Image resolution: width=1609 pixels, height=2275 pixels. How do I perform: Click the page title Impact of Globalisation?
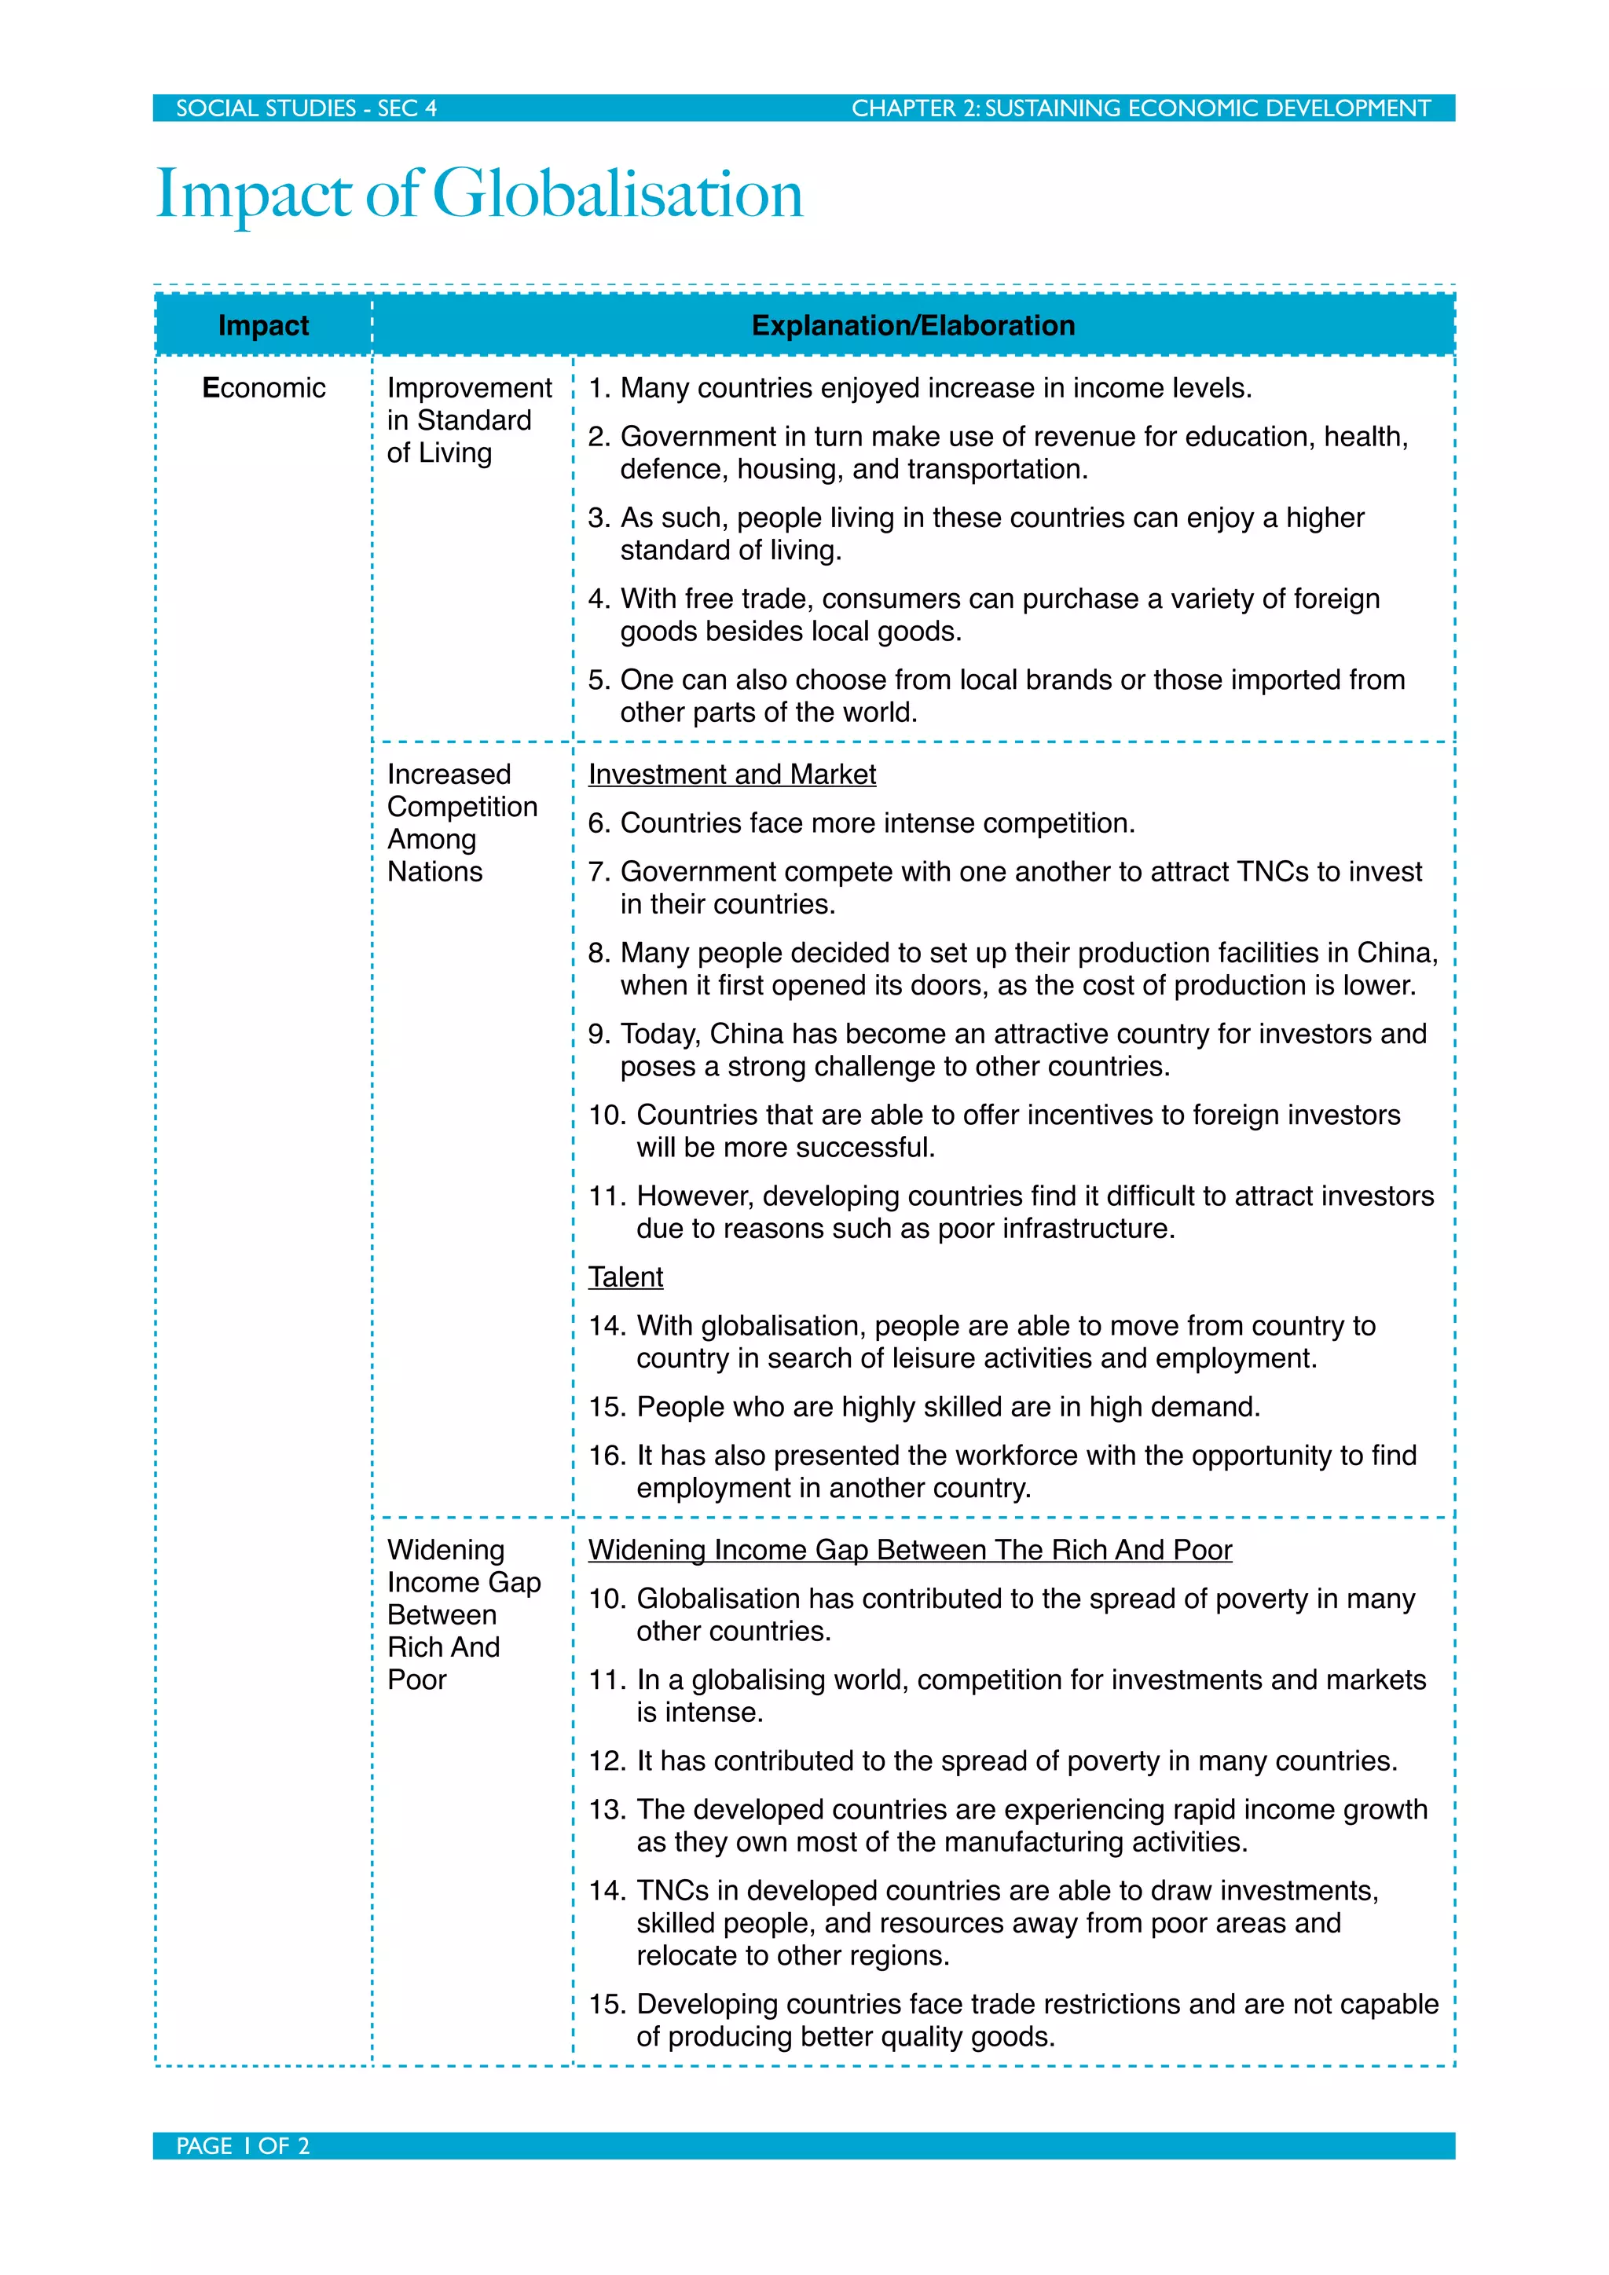[479, 193]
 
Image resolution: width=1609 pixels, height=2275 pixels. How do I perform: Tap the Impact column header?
[262, 325]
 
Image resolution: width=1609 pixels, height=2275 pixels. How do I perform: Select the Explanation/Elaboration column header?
[912, 325]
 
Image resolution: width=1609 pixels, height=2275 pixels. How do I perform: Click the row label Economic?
[263, 387]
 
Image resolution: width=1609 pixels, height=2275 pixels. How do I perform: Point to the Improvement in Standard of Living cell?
[467, 420]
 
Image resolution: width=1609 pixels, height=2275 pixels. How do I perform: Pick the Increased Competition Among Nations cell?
[462, 822]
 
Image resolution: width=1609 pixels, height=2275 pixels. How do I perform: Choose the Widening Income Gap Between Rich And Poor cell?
[463, 1614]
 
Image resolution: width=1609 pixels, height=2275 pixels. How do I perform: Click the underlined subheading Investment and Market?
[731, 774]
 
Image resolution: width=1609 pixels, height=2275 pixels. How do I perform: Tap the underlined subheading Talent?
[625, 1277]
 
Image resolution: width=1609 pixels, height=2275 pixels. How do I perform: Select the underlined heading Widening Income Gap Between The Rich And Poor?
[910, 1550]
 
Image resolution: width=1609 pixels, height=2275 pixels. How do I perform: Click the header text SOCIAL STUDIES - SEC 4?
[306, 108]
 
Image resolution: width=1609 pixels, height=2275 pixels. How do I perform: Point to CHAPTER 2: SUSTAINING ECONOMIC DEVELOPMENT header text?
[1141, 108]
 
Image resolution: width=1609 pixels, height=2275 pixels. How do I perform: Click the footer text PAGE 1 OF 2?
[243, 2146]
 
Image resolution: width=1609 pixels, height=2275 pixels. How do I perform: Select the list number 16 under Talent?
[607, 1456]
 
